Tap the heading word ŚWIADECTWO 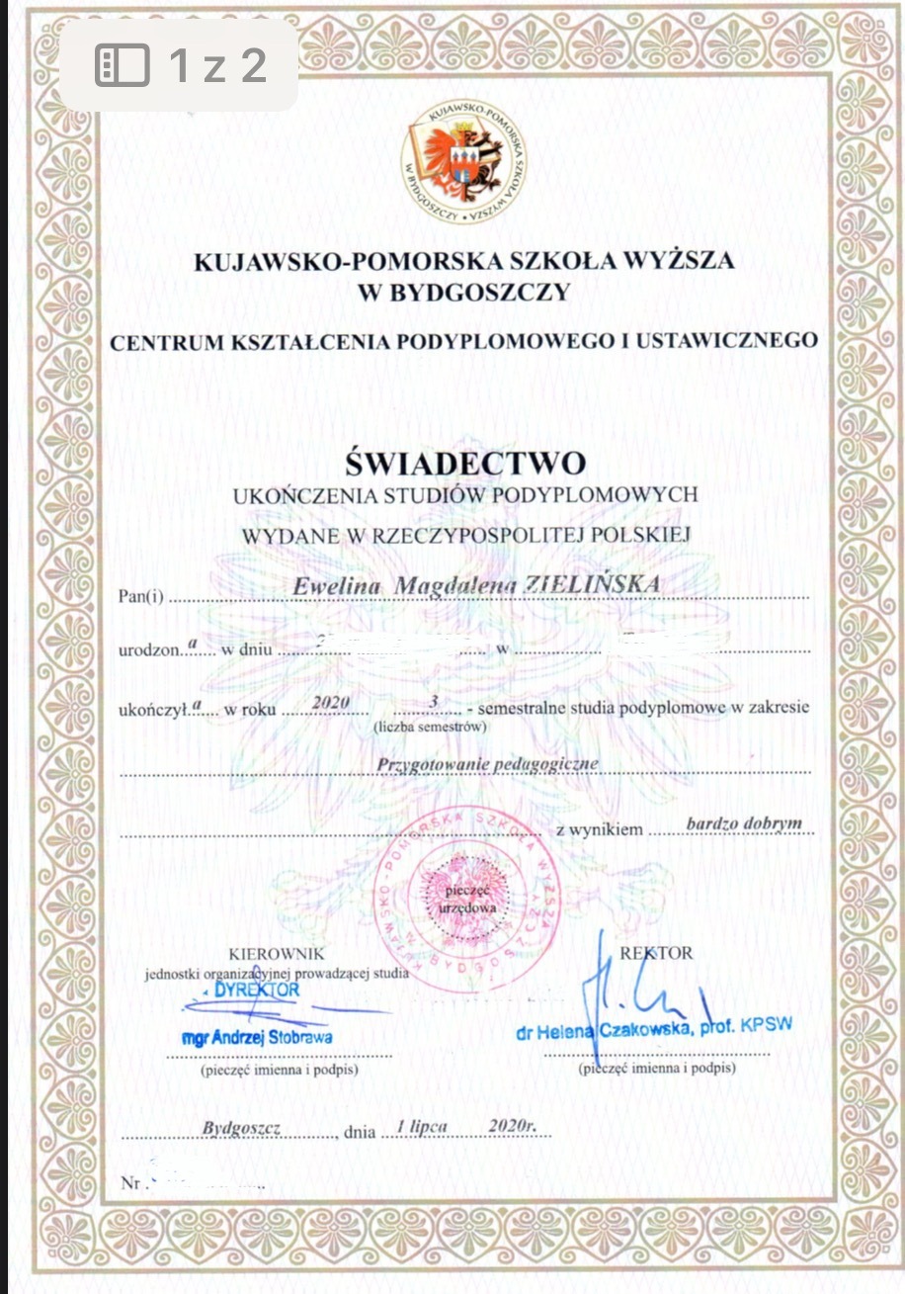click(x=464, y=462)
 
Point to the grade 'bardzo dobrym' click(x=743, y=822)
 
